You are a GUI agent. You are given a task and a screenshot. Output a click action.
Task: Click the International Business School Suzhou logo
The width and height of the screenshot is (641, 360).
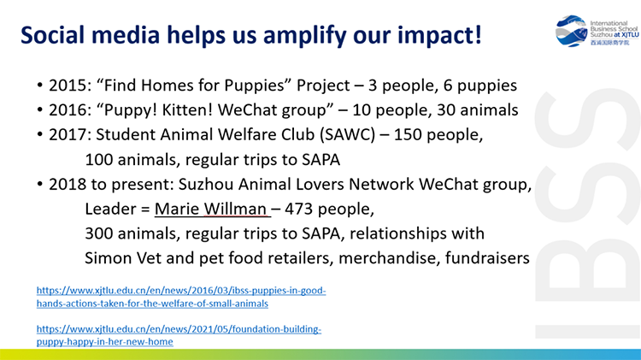pos(597,31)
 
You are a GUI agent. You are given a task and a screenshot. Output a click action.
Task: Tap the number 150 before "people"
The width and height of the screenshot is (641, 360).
pos(408,134)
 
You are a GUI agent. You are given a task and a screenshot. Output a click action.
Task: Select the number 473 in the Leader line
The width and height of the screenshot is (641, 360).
pos(299,209)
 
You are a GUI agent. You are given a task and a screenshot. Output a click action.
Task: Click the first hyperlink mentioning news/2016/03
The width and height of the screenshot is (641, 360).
pos(181,297)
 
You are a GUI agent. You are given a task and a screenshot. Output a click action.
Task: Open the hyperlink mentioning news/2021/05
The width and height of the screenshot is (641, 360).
pos(179,335)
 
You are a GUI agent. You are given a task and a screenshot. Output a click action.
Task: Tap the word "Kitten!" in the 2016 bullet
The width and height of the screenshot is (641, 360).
pos(187,110)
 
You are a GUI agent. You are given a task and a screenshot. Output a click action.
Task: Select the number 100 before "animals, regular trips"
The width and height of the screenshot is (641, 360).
pos(99,160)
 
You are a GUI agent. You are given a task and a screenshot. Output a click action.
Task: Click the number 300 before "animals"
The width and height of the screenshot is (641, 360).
pos(99,233)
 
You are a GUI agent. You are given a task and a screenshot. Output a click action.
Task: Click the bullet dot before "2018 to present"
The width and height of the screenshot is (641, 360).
pos(39,184)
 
